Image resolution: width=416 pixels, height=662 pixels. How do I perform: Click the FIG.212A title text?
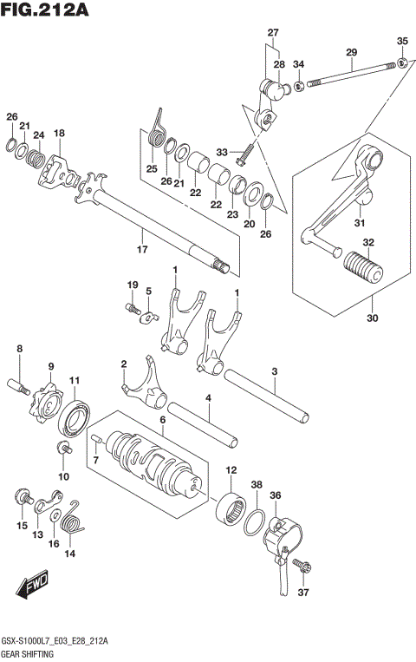47,10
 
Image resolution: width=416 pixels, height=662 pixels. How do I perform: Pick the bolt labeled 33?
242,153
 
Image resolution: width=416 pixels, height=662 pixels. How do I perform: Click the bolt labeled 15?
21,497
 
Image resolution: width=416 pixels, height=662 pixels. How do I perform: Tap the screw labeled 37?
302,567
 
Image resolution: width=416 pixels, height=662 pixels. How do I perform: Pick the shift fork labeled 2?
143,387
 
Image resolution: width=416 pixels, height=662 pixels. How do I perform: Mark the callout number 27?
273,33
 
